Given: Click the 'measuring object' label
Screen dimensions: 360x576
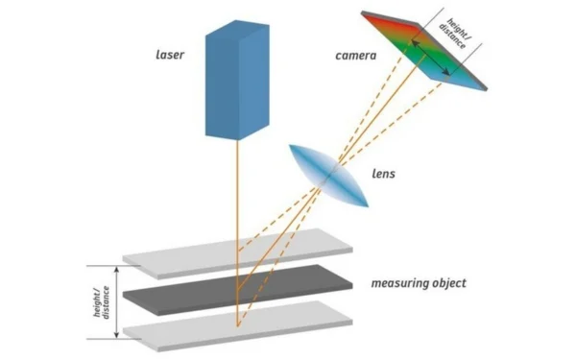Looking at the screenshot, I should [x=420, y=283].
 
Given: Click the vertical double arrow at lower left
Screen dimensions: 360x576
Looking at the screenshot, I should [x=117, y=301].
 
